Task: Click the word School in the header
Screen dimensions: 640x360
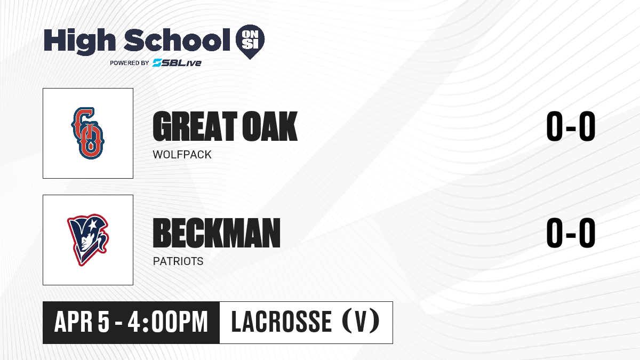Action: (x=177, y=40)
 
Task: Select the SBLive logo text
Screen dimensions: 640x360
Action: (x=177, y=63)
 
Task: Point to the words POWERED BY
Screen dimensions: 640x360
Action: (x=130, y=63)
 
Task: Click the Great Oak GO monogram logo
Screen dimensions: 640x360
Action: (x=87, y=133)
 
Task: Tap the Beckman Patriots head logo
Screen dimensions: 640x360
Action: (x=88, y=240)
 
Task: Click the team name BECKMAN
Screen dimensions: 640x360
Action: (x=217, y=233)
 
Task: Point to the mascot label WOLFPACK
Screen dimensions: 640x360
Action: (x=182, y=155)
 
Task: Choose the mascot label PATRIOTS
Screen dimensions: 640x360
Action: (x=178, y=261)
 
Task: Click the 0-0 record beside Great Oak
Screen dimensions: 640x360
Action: (x=571, y=126)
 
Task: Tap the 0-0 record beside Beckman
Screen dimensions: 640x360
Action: (x=571, y=233)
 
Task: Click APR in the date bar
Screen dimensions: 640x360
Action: (x=74, y=322)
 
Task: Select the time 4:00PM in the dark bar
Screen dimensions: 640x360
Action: (x=167, y=322)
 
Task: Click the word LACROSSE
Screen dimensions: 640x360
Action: (x=282, y=322)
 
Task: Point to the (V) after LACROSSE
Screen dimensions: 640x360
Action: (x=361, y=322)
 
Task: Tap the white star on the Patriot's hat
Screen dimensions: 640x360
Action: (x=92, y=226)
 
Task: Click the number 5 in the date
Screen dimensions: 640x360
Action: (x=103, y=322)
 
